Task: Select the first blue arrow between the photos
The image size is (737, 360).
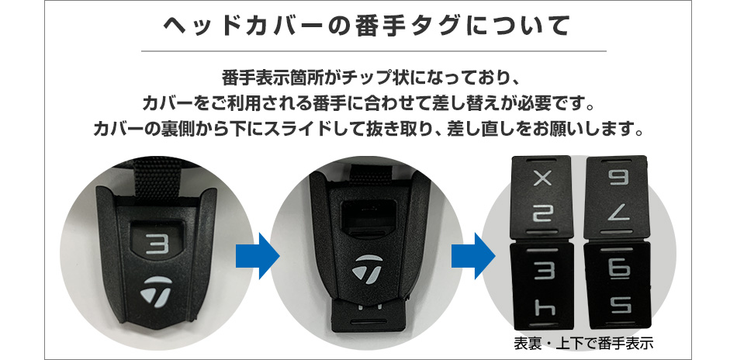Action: [256, 253]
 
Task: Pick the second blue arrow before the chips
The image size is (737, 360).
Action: [472, 253]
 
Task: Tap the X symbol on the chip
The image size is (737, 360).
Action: [542, 178]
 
